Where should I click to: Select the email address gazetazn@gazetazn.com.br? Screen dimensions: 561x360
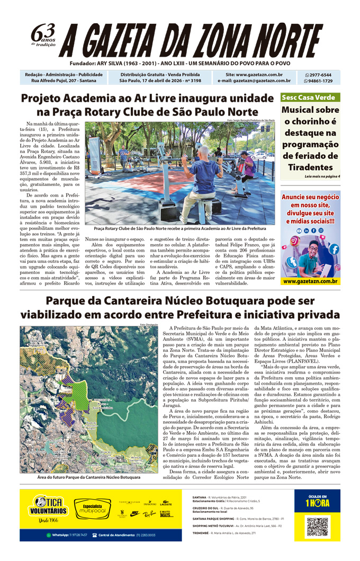coord(254,81)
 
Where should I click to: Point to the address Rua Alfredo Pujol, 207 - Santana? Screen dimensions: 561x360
coord(64,81)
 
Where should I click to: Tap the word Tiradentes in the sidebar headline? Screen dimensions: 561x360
coord(310,167)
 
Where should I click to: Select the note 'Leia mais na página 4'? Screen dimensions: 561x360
coord(322,176)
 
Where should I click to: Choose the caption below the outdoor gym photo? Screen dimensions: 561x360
coord(180,228)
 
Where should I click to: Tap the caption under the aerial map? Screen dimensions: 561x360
coord(89,477)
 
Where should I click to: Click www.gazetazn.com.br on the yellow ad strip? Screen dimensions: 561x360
coord(310,281)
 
